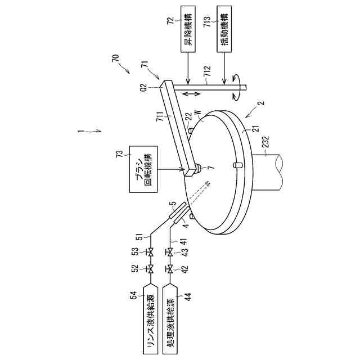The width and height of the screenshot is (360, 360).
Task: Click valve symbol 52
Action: [151, 271]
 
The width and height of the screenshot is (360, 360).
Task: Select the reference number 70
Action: [115, 58]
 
